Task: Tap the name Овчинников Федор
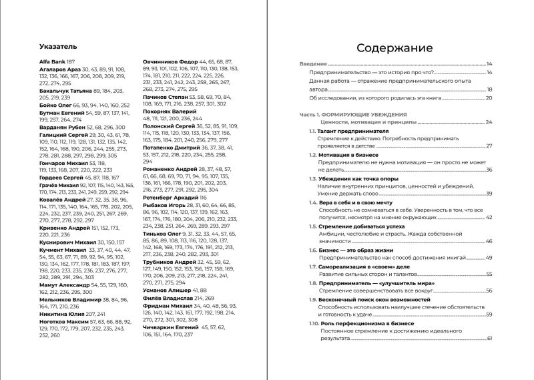171,61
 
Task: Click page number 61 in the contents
489,339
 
